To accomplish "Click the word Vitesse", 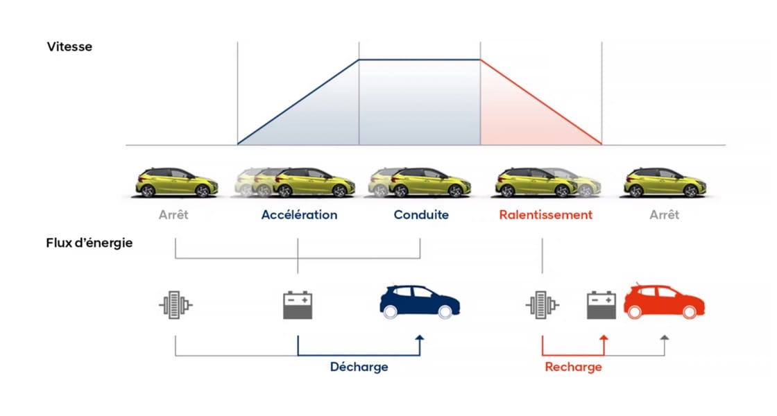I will tap(69, 47).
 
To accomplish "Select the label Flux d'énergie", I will tap(89, 243).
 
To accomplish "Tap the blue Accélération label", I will tap(299, 215).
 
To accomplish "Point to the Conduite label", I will tap(421, 215).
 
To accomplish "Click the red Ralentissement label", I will tap(545, 215).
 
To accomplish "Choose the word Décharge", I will tap(359, 367).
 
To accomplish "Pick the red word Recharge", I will tap(573, 367).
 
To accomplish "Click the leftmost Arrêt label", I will tap(173, 215).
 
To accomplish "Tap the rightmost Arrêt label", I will tap(664, 215).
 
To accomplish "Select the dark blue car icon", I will tap(420, 302).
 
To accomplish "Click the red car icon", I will tap(664, 302).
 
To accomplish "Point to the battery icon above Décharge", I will tap(298, 304).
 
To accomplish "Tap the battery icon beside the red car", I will tap(602, 304).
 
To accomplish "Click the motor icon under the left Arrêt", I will tap(175, 304).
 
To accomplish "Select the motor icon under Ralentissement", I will tap(541, 304).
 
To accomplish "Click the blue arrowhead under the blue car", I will tap(419, 338).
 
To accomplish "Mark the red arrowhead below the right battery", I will tap(604, 338).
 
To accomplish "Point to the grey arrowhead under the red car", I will tap(665, 338).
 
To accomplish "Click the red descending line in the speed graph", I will tap(541, 103).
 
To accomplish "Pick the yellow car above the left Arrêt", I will tap(177, 182).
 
